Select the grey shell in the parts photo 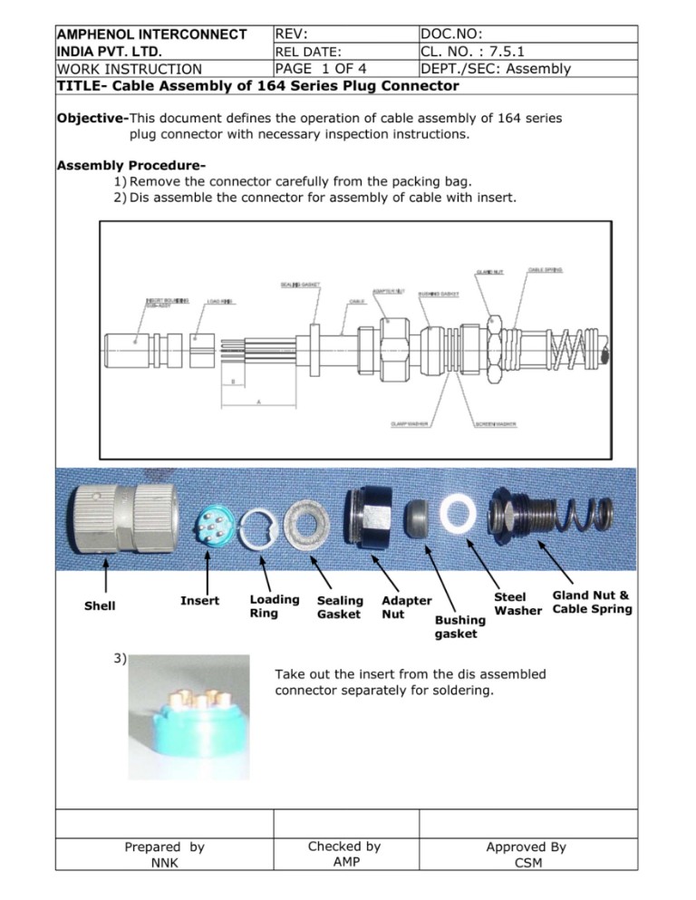click(114, 524)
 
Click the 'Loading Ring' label click(274, 606)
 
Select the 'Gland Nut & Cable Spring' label click(591, 602)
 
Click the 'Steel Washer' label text click(517, 604)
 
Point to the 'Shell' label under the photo click(100, 605)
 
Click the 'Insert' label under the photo click(199, 600)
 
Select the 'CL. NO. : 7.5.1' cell click(472, 52)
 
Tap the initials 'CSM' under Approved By click(528, 863)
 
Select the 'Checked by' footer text click(344, 846)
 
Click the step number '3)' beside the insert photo click(121, 659)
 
